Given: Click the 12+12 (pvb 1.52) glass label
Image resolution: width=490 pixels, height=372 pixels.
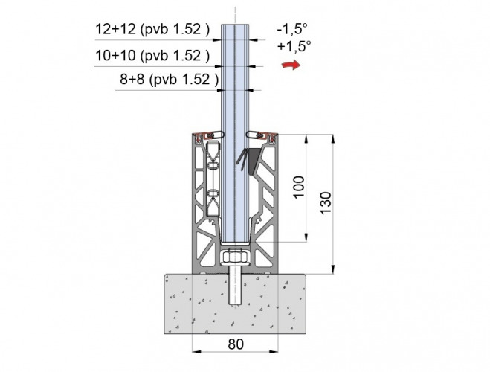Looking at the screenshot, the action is tap(152, 29).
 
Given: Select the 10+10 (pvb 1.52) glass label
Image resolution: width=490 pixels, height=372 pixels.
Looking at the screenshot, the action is tap(152, 56).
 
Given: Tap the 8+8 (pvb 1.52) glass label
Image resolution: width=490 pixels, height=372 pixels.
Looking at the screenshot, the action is tap(169, 80).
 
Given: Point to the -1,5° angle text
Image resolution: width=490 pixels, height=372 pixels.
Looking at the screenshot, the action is tap(292, 29).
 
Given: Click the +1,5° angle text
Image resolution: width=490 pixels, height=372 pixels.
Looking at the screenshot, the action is tap(294, 46).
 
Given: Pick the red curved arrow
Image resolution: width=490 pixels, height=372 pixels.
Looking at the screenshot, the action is tap(291, 65).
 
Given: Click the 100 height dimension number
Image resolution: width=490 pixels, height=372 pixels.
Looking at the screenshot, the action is tap(299, 187).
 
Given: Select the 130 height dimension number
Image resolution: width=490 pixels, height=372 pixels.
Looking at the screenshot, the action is tap(326, 203).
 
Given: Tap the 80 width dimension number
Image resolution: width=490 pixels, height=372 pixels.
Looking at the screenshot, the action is tap(236, 344).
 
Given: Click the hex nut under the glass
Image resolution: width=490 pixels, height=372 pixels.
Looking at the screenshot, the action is tap(235, 257).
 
